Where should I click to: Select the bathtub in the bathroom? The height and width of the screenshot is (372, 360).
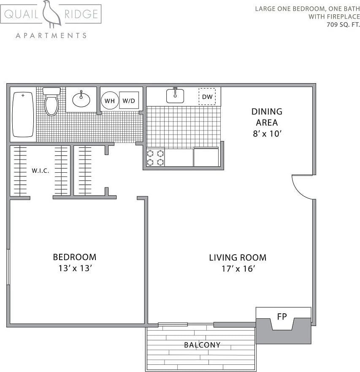point(23,114)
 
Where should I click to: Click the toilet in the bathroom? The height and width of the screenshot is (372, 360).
point(51,102)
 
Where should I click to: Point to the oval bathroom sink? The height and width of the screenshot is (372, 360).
point(81,100)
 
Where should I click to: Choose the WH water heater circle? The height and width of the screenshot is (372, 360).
point(110,101)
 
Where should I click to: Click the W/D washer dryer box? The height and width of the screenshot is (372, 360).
point(129,101)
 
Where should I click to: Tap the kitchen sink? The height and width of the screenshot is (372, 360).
point(175,96)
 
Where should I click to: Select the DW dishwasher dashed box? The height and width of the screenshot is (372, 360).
point(207,97)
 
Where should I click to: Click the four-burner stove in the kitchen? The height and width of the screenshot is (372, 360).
point(155,157)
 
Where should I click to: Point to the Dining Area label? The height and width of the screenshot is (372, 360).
point(267,117)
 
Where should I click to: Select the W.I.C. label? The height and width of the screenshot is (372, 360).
point(41,171)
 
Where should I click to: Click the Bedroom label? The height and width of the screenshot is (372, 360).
point(74,257)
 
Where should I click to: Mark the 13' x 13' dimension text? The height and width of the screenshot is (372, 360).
point(74,268)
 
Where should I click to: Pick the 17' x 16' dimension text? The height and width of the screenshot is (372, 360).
point(238,269)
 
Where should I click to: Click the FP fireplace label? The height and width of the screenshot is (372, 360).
point(282,316)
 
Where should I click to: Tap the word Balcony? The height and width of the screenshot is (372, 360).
point(202,345)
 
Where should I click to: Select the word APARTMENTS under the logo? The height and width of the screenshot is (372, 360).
point(51,35)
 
